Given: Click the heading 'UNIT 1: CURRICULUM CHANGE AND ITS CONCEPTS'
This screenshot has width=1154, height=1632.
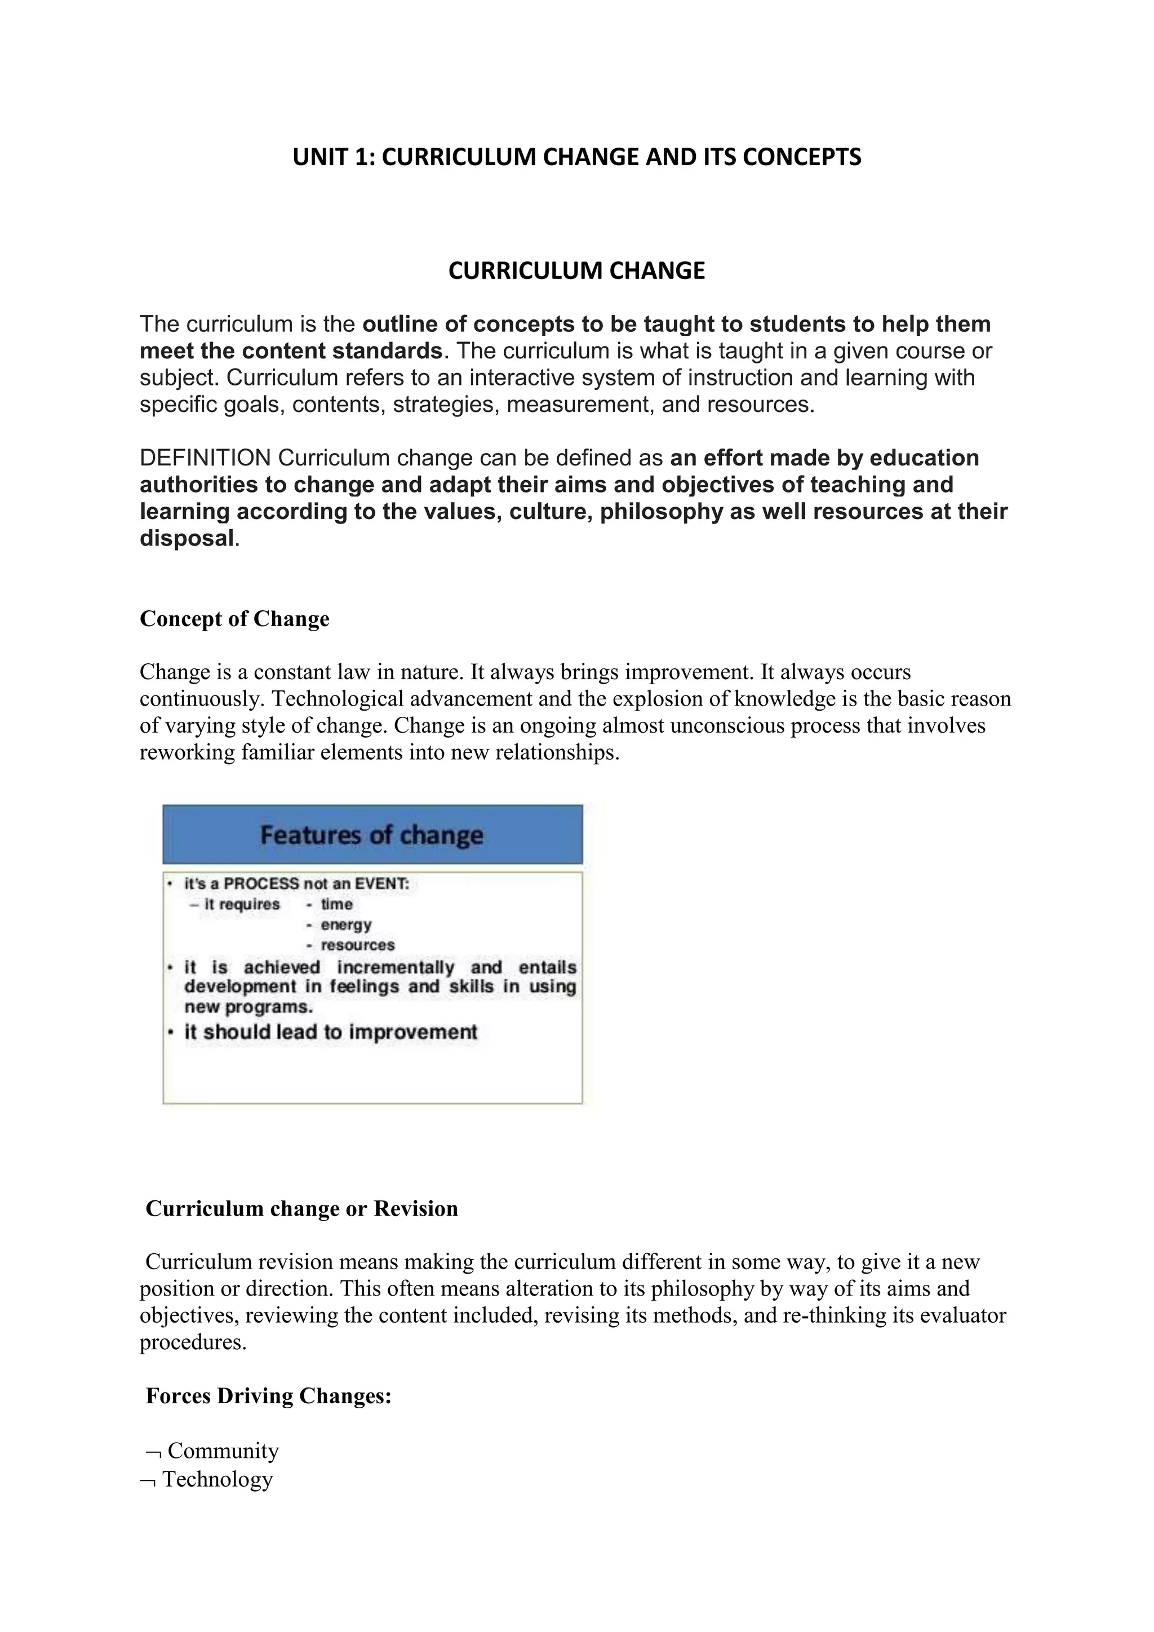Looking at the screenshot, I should pyautogui.click(x=576, y=157).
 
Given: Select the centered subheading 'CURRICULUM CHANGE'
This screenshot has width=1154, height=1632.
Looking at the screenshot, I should pyautogui.click(x=576, y=271).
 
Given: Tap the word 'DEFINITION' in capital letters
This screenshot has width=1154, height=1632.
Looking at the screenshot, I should pyautogui.click(x=205, y=458).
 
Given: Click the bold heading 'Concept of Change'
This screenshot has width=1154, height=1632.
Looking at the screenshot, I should pyautogui.click(x=234, y=619).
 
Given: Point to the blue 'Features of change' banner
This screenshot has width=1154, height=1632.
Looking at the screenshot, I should pyautogui.click(x=372, y=835).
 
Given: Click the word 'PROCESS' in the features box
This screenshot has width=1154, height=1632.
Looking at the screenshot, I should pyautogui.click(x=261, y=884).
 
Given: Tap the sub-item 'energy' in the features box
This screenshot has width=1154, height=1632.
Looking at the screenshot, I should pyautogui.click(x=346, y=925).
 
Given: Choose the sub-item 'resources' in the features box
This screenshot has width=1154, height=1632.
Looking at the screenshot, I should pyautogui.click(x=357, y=946).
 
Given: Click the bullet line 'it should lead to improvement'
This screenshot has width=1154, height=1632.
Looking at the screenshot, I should pyautogui.click(x=330, y=1032).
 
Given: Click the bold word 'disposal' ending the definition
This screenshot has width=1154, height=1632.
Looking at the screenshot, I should pyautogui.click(x=186, y=538).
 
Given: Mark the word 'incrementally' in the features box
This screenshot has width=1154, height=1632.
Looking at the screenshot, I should pyautogui.click(x=395, y=968).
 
